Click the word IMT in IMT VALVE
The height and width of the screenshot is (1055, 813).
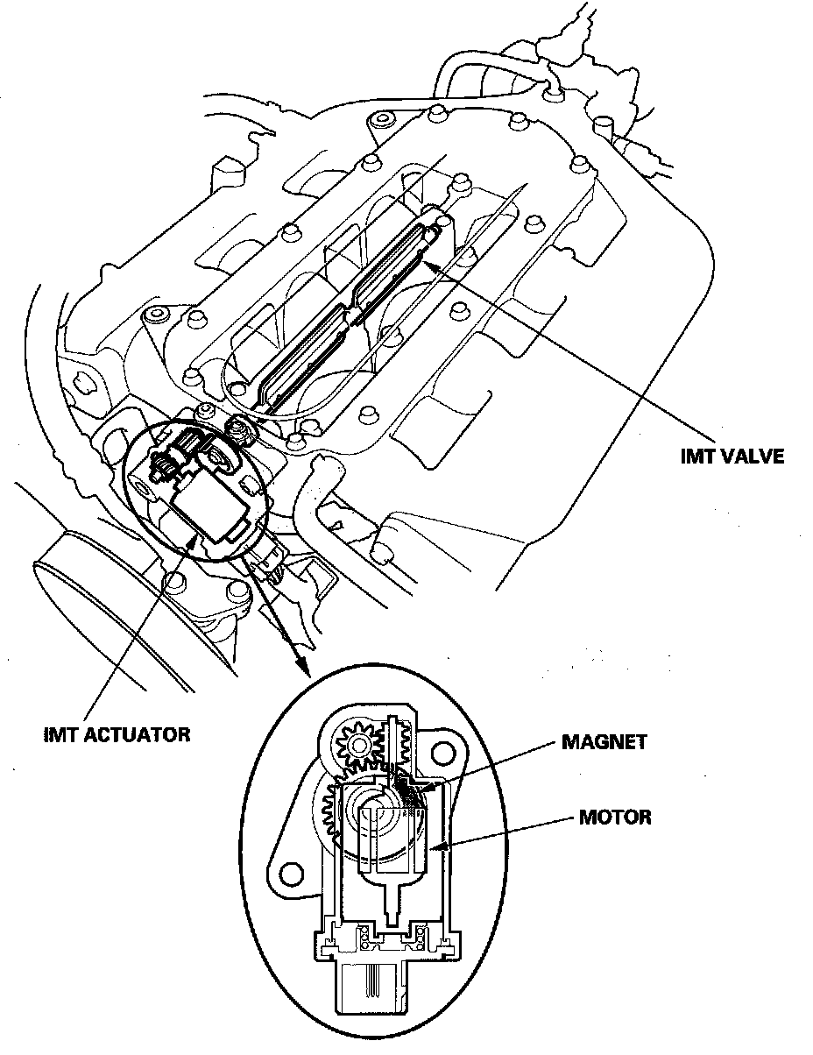[x=698, y=457]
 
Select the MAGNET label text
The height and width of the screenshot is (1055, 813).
[x=604, y=741]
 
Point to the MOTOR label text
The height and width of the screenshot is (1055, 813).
[x=615, y=818]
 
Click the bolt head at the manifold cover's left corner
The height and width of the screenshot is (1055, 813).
[x=157, y=315]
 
